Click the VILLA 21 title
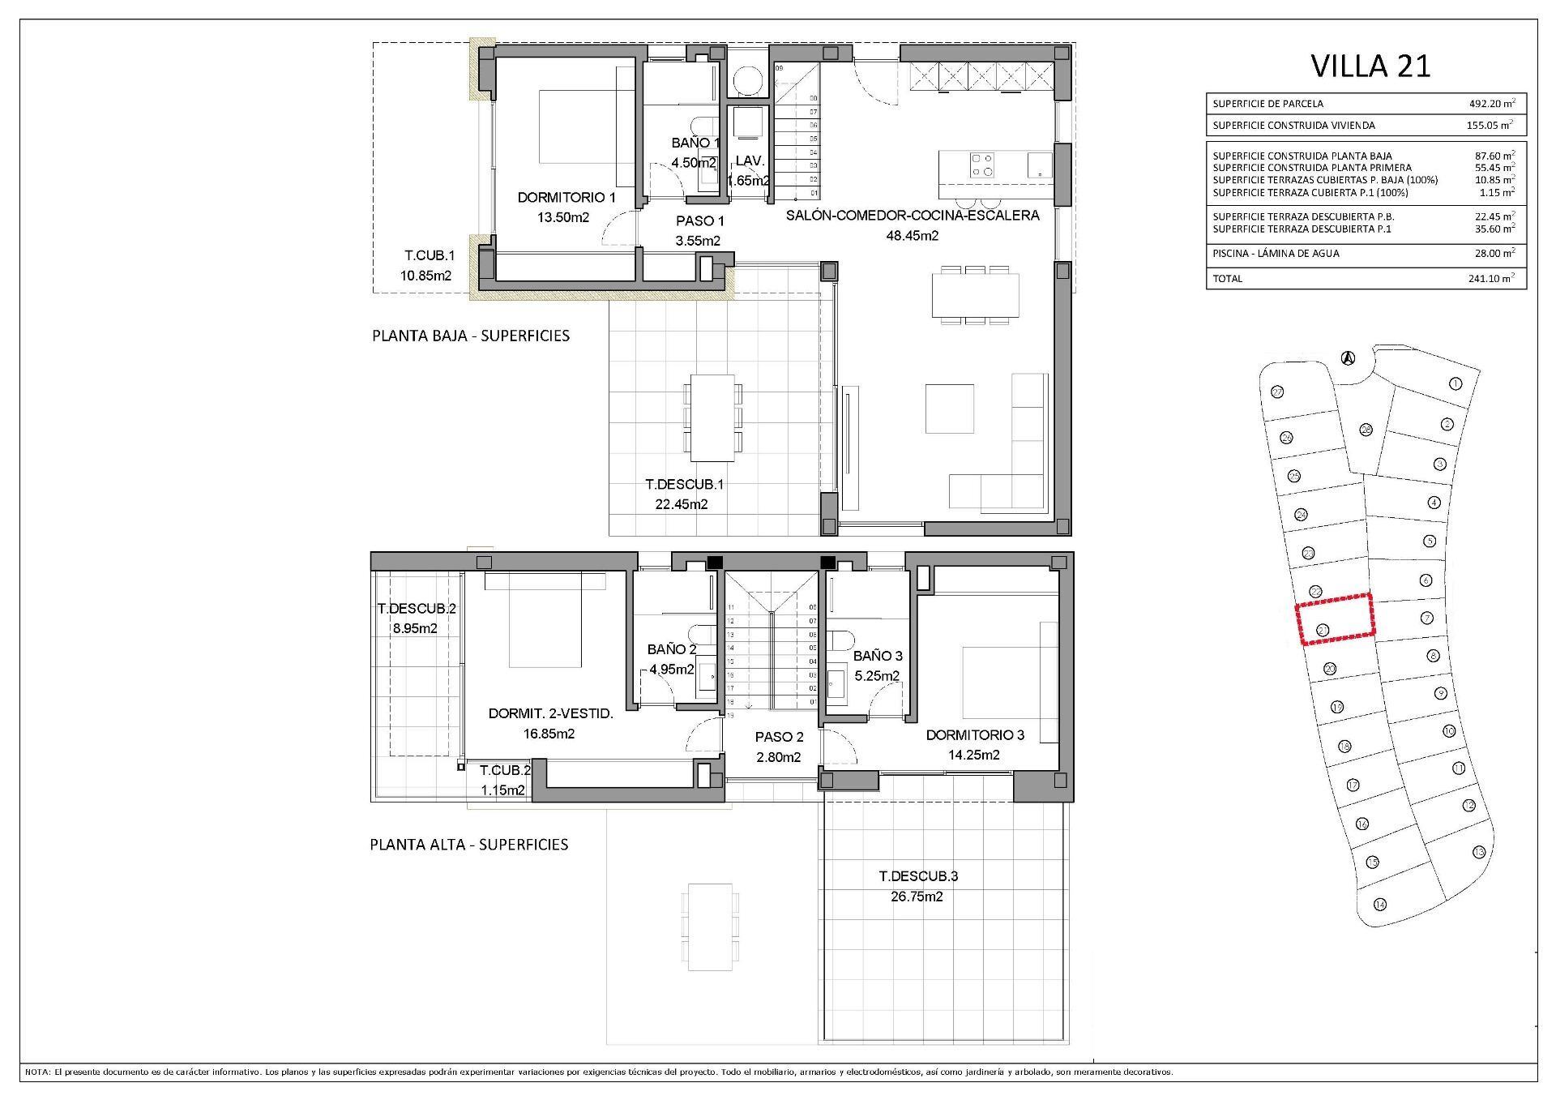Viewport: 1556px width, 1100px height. point(1370,66)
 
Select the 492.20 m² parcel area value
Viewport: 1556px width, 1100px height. point(1492,104)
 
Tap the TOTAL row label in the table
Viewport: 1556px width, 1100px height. point(1227,279)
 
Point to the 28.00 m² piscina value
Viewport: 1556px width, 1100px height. point(1492,254)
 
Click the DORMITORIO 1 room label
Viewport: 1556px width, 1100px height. point(566,198)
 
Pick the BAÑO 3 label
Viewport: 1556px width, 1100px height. point(877,656)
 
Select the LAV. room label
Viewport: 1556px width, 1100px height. point(750,161)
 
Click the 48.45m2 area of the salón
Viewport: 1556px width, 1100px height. point(913,236)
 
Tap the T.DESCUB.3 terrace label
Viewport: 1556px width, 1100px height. point(918,876)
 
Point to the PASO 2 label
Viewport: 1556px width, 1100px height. point(779,737)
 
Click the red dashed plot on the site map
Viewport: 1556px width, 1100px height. point(1335,619)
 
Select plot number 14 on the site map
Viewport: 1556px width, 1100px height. point(1379,905)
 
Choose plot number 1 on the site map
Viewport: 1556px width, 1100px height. point(1455,383)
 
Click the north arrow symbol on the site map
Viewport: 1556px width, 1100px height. point(1347,357)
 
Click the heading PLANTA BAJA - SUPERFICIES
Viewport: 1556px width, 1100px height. point(470,336)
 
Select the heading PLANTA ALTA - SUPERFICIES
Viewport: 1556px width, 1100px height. point(468,845)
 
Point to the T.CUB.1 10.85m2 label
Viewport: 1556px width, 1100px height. point(425,266)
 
